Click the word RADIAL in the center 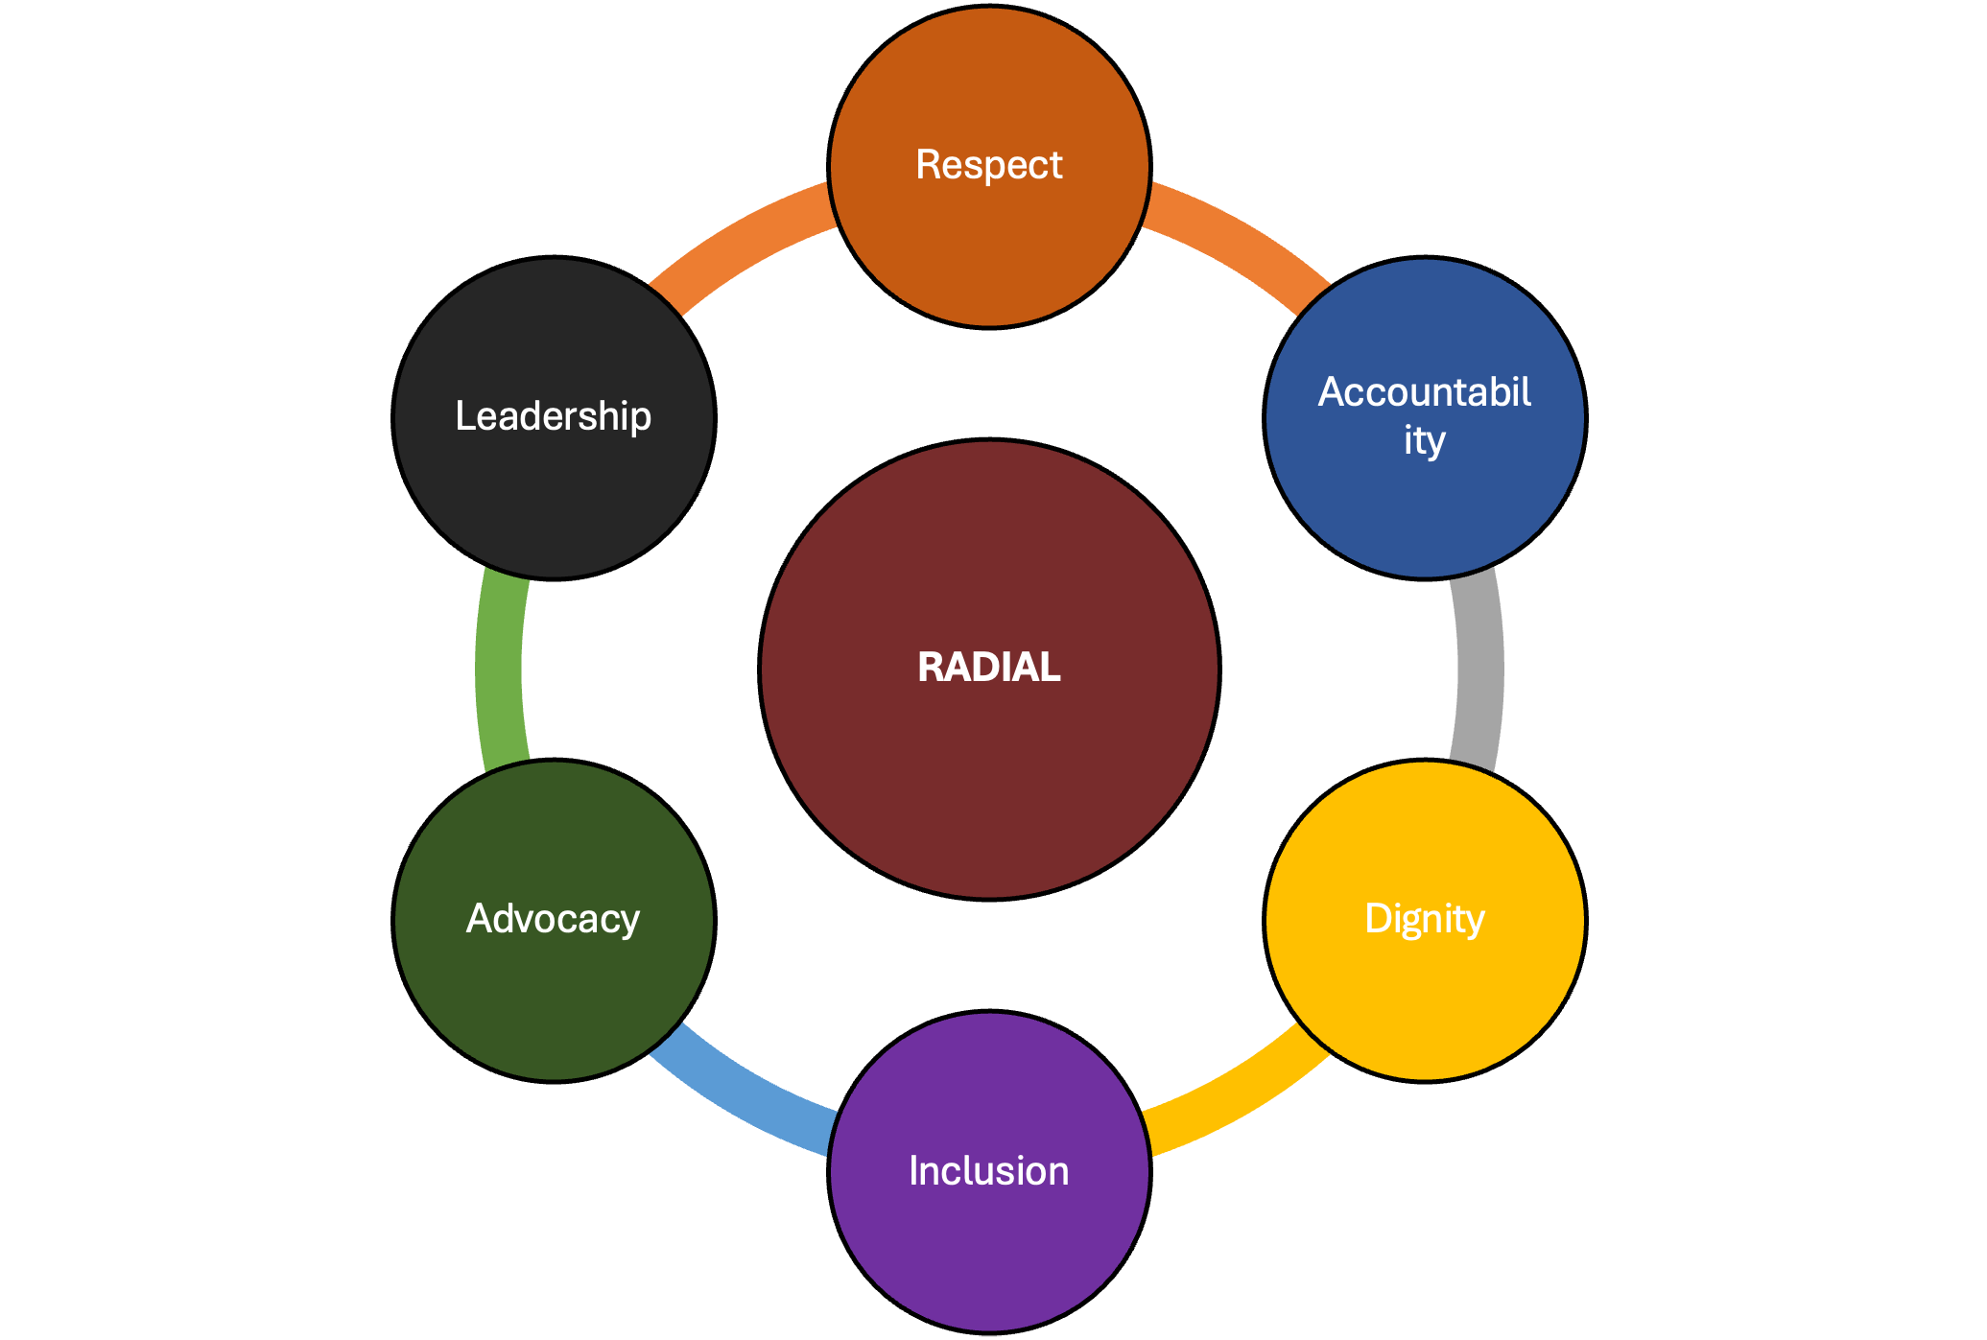pos(989,668)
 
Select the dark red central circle pos(989,787)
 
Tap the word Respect pos(989,165)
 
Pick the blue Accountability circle pos(1425,508)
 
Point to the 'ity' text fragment pos(1425,441)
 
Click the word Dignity pos(1425,919)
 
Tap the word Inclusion pos(989,1171)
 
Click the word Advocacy pos(554,919)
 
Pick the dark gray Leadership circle pos(554,499)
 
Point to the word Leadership pos(554,416)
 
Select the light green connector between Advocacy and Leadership pos(499,670)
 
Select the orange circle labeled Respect pos(989,249)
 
